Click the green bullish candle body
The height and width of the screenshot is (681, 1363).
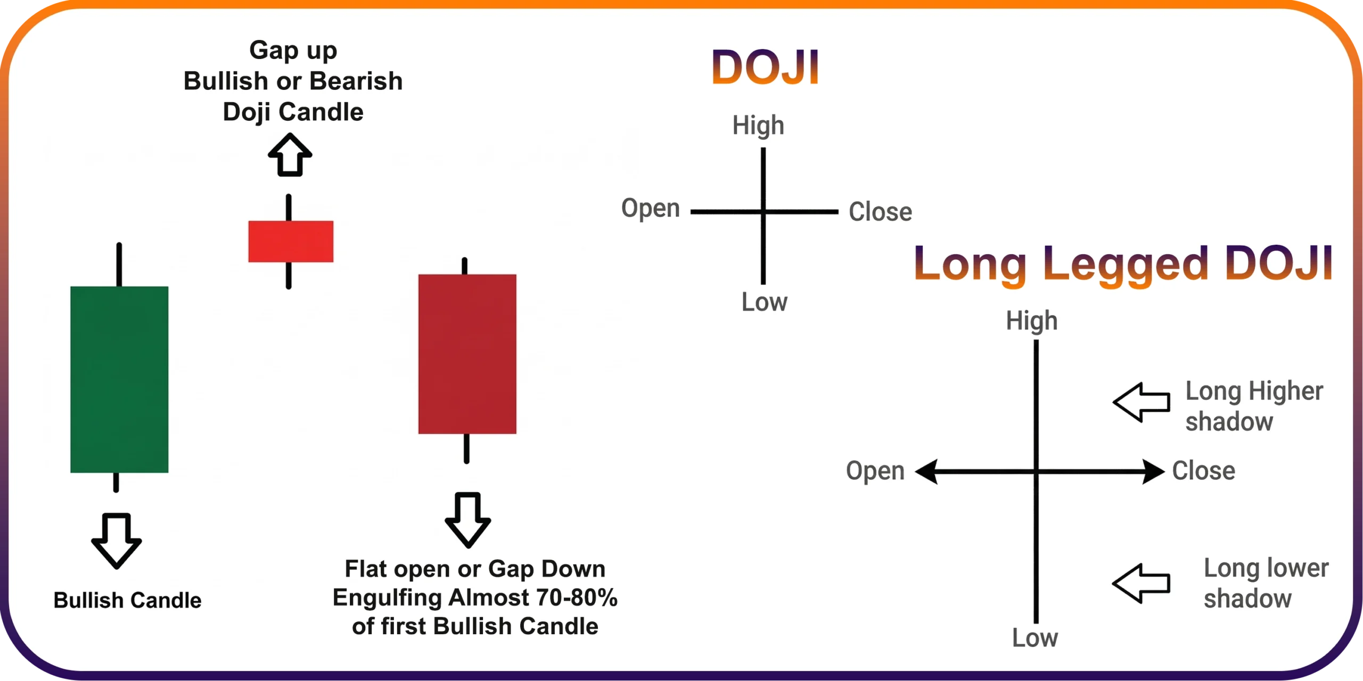pyautogui.click(x=119, y=379)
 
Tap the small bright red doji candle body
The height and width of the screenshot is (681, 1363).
pyautogui.click(x=291, y=242)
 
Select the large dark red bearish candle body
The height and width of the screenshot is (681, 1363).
pyautogui.click(x=467, y=354)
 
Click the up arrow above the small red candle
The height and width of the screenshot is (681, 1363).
pyautogui.click(x=290, y=155)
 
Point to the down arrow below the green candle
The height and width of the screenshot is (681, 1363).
pyautogui.click(x=117, y=541)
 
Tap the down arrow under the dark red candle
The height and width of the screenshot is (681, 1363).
pyautogui.click(x=468, y=520)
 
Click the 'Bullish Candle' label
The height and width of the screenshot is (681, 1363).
pyautogui.click(x=128, y=600)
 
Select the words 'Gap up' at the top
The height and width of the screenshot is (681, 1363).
pyautogui.click(x=293, y=51)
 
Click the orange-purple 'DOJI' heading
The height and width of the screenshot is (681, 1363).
pyautogui.click(x=765, y=67)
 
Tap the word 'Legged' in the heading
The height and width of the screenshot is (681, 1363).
pyautogui.click(x=1126, y=265)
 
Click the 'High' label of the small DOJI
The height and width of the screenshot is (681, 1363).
pyautogui.click(x=758, y=126)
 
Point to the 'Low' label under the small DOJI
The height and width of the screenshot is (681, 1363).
pyautogui.click(x=765, y=302)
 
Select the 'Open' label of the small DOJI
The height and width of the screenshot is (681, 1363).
pyautogui.click(x=651, y=209)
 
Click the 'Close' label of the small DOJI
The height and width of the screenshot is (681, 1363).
pyautogui.click(x=881, y=212)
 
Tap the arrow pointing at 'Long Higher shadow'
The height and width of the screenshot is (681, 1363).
pyautogui.click(x=1142, y=402)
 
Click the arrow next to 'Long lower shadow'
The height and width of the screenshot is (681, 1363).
pyautogui.click(x=1142, y=584)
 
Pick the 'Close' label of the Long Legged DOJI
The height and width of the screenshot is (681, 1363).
pyautogui.click(x=1204, y=471)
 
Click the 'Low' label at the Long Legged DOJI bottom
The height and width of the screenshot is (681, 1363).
pyautogui.click(x=1035, y=638)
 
